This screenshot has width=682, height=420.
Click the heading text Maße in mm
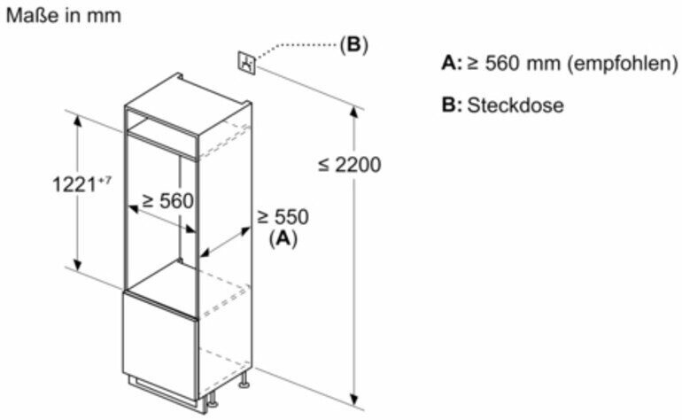point(64,16)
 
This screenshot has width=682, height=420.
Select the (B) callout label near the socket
point(353,44)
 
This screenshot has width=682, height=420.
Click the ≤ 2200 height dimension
point(349,165)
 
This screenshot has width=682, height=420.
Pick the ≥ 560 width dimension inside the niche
point(168,201)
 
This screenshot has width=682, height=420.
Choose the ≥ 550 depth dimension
point(283,217)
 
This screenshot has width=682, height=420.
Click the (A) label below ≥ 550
point(283,238)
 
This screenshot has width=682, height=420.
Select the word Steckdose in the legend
point(515,105)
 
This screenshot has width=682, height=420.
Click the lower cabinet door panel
point(160,346)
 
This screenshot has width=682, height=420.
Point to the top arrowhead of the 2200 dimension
point(354,112)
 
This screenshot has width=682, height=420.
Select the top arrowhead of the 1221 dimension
point(77,121)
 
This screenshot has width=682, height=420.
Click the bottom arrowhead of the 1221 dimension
point(77,264)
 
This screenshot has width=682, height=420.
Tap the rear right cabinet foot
point(244,379)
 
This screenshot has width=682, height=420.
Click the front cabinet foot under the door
point(212,400)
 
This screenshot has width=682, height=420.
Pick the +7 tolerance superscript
point(105,179)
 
